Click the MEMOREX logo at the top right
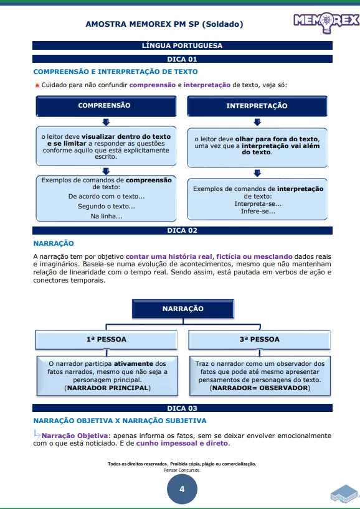coord(326,24)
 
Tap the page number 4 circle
coord(182,489)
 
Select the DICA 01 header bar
coord(182,59)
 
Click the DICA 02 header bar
coord(182,230)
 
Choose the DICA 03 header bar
coord(182,408)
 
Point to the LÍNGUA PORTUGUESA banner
coord(182,45)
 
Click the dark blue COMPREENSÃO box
coord(105,106)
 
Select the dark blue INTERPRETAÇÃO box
coord(257,106)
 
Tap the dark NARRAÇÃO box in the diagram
coord(183,309)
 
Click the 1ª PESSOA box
coord(107,340)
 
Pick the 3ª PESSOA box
coord(259,340)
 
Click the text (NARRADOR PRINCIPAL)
coord(107,388)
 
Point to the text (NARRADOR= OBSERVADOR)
coord(259,388)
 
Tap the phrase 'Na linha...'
coord(107,216)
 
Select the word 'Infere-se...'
coord(258,212)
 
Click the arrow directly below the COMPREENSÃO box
coord(106,121)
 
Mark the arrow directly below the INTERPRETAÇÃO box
coord(257,122)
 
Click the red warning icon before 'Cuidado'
coord(37,85)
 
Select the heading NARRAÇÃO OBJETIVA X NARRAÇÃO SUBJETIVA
coord(120,421)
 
